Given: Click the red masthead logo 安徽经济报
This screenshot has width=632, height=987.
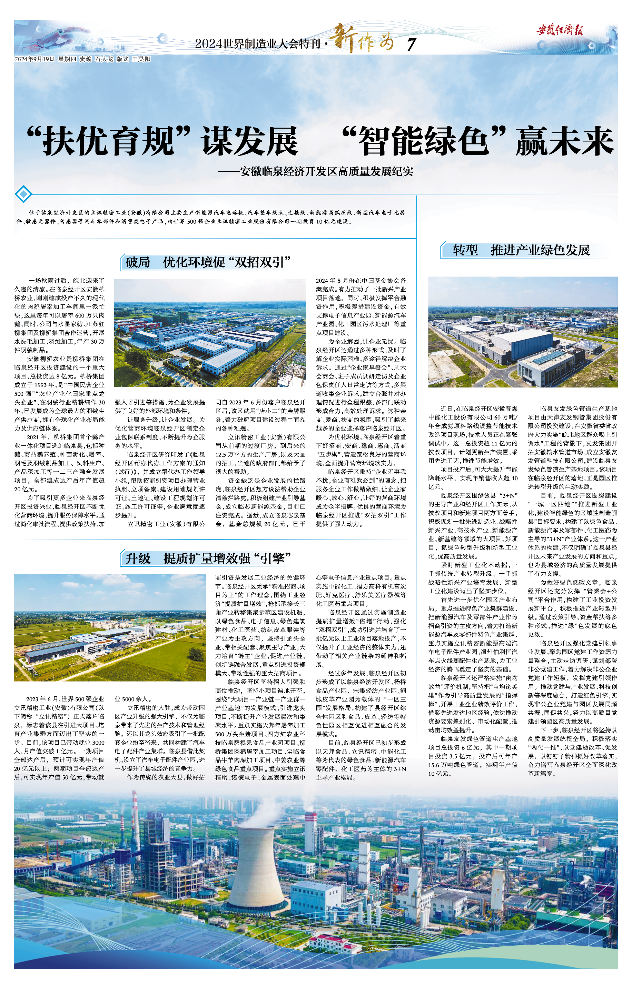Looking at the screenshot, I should pos(560,30).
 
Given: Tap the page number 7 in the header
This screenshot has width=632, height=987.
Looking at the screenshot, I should pos(411,44).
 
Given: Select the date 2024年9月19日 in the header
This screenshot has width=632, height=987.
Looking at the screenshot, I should pos(34,59).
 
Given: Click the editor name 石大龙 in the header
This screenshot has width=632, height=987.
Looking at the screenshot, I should pos(104,59).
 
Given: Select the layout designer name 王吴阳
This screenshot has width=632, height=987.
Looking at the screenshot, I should pos(141,59).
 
